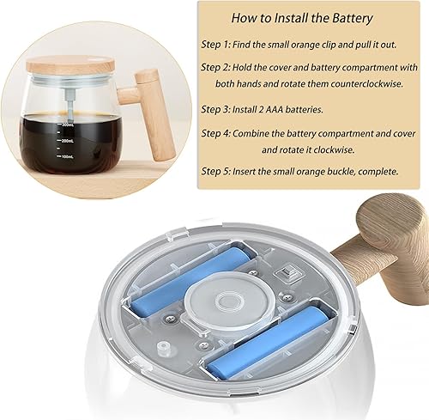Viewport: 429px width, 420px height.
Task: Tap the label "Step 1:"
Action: click(x=218, y=42)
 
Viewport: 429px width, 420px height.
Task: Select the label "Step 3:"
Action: click(x=218, y=109)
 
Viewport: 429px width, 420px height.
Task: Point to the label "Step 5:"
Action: click(x=218, y=171)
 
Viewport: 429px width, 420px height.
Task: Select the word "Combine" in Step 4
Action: click(x=262, y=133)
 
